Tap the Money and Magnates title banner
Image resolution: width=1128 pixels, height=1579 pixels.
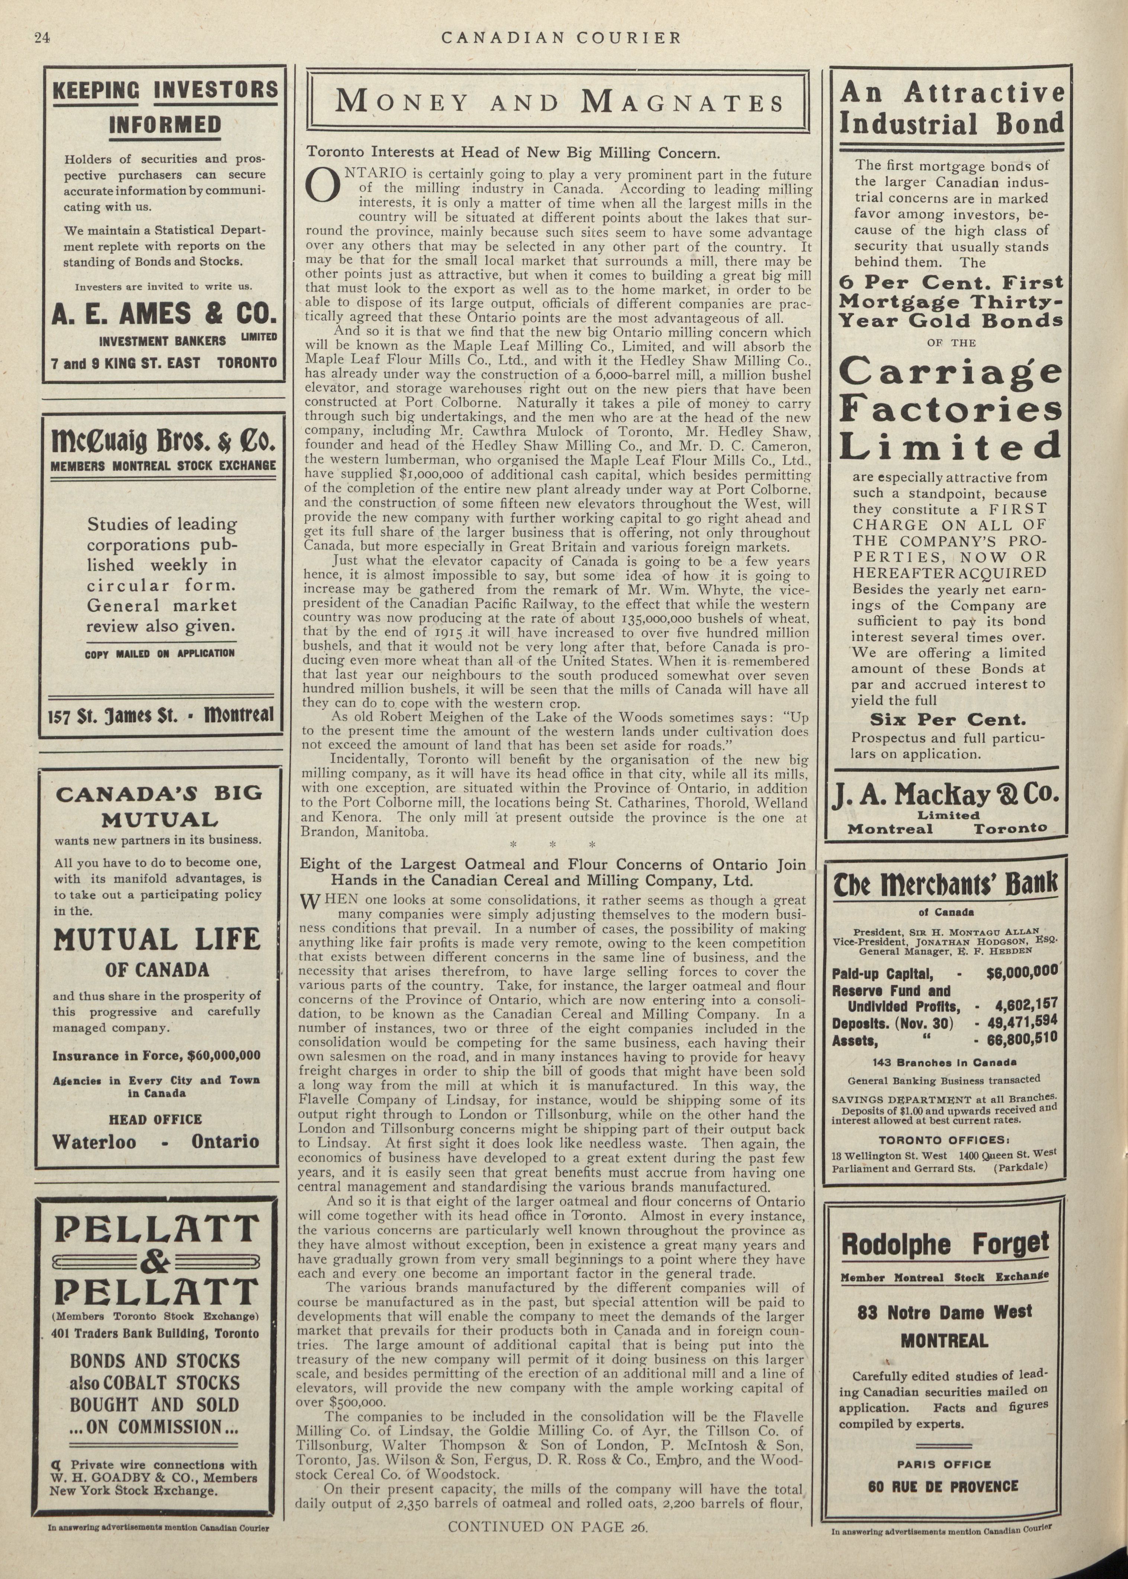(559, 102)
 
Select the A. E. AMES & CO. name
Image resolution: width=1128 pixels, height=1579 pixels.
(164, 314)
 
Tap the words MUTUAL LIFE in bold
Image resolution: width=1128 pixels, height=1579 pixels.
(157, 940)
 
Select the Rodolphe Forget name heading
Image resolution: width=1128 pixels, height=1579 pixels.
(945, 1243)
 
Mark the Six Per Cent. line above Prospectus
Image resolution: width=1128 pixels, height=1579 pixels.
(948, 720)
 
